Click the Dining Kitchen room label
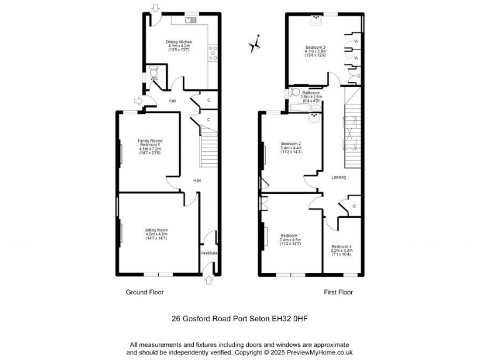point(179,42)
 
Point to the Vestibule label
point(209,252)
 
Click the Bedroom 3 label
point(316,47)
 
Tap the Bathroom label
point(311,92)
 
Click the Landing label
point(339,177)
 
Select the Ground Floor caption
point(144,292)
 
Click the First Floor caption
point(338,292)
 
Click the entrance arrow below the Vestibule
point(208,281)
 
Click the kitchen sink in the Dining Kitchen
point(189,20)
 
